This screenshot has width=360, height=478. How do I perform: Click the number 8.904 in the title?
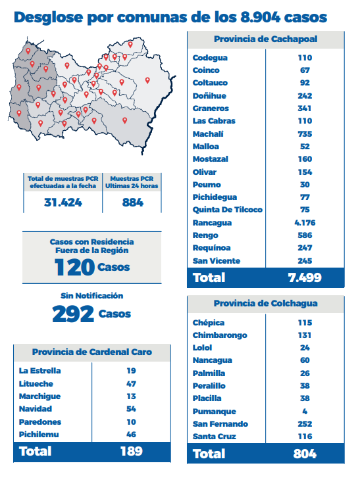[260, 17]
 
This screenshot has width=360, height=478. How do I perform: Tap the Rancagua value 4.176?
[305, 222]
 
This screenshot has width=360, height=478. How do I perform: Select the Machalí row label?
[208, 134]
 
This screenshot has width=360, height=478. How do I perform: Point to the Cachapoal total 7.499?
[305, 277]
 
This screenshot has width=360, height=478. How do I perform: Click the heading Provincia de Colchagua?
[266, 303]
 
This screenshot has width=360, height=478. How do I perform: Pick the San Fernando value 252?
[305, 423]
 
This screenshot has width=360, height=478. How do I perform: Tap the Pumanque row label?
[214, 411]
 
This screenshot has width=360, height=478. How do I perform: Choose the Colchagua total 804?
[305, 454]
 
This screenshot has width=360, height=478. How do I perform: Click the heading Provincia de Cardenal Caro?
[92, 352]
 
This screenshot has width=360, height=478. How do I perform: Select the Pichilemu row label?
[39, 435]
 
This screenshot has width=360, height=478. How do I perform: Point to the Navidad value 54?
[131, 409]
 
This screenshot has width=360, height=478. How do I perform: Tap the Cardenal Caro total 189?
[131, 451]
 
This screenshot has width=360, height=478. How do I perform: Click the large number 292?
[73, 314]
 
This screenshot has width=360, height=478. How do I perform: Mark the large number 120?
[74, 267]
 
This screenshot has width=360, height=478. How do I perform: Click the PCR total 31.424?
[63, 203]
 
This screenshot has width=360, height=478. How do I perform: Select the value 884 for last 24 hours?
[132, 203]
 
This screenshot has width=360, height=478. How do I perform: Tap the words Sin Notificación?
[92, 296]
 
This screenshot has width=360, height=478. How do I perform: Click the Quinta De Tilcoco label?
[227, 210]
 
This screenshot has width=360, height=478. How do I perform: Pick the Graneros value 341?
[305, 108]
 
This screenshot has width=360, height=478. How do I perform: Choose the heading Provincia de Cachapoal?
[266, 39]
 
